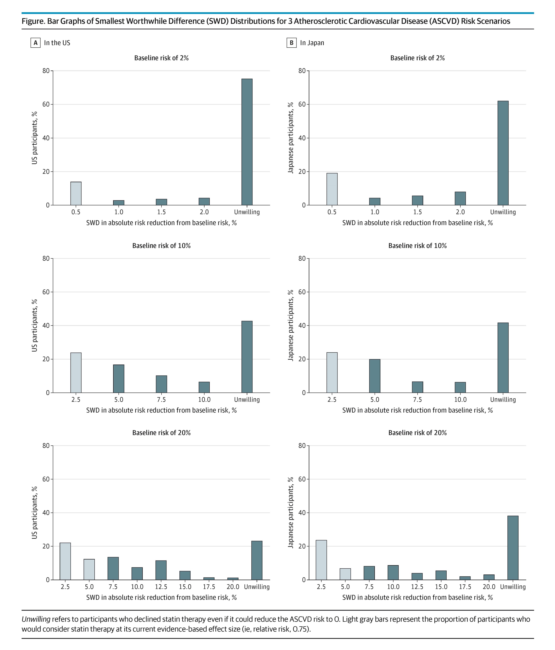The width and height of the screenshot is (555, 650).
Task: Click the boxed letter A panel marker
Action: click(x=36, y=43)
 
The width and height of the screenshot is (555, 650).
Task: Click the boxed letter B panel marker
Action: click(x=291, y=43)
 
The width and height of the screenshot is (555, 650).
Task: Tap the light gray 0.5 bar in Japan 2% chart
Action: click(x=332, y=189)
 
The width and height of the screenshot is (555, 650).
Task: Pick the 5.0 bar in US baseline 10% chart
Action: click(x=119, y=379)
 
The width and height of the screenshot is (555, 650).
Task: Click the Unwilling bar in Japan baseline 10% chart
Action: click(x=503, y=358)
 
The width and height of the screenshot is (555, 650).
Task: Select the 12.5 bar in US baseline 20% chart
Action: click(x=161, y=570)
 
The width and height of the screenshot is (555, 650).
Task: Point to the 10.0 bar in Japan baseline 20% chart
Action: click(x=393, y=573)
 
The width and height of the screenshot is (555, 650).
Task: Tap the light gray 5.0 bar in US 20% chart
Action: click(x=89, y=569)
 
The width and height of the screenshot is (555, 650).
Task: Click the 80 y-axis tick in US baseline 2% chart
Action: click(x=46, y=71)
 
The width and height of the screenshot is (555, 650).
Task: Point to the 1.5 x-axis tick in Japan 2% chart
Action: click(x=417, y=212)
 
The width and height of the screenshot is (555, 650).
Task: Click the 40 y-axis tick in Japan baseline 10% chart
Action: click(x=302, y=326)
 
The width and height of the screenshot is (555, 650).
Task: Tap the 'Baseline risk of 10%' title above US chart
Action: click(x=161, y=246)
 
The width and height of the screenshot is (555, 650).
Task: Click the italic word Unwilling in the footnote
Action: click(x=36, y=619)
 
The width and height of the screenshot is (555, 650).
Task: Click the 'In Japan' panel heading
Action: click(x=312, y=43)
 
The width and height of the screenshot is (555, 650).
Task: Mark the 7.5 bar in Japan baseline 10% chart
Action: click(x=417, y=387)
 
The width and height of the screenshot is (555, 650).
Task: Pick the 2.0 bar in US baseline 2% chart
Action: click(x=204, y=201)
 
